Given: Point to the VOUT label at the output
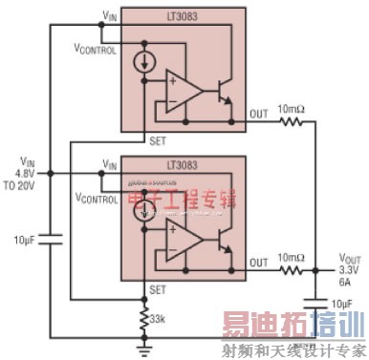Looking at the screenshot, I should pos(351,258).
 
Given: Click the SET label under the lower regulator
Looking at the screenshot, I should pos(155,288).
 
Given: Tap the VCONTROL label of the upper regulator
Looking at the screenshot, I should pos(97,48).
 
